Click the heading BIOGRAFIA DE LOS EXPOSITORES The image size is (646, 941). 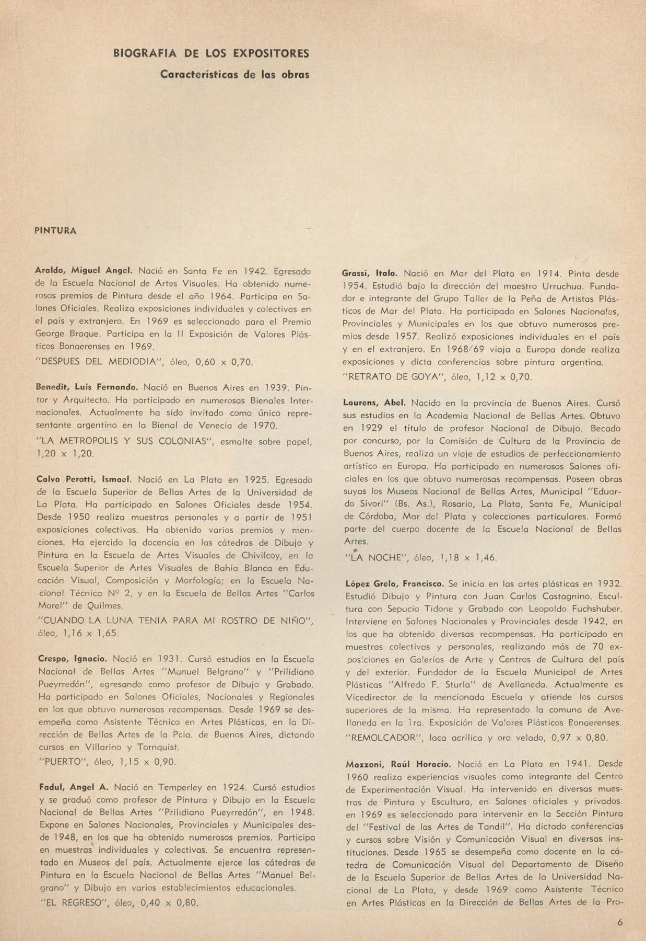(211, 53)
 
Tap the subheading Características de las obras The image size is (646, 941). (234, 74)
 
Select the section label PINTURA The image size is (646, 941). (55, 231)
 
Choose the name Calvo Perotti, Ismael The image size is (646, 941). (84, 479)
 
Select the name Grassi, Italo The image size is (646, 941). (370, 273)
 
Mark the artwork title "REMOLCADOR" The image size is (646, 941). (384, 738)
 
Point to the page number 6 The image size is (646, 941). (620, 923)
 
